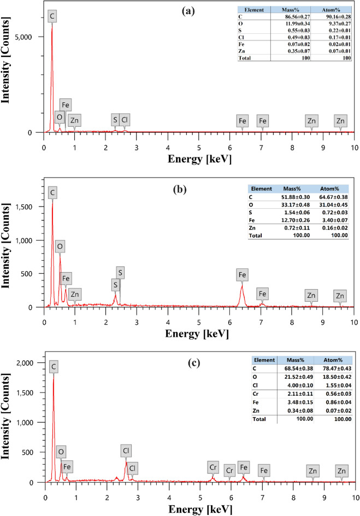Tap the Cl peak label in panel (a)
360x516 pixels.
125,119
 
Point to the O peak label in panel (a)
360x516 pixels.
59,117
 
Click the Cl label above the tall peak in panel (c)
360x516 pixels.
127,451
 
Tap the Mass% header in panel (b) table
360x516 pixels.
292,187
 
